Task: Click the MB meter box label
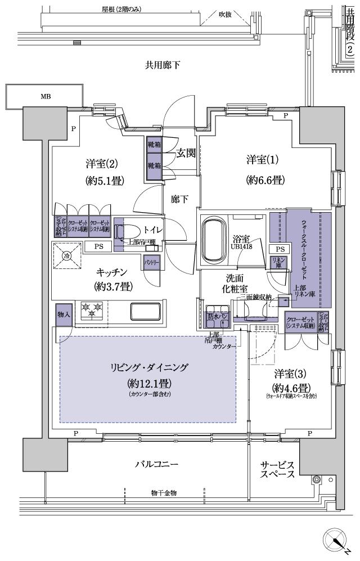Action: click(45, 96)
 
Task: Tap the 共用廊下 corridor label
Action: click(163, 65)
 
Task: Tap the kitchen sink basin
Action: click(145, 311)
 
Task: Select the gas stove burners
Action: click(92, 309)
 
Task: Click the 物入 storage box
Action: click(63, 314)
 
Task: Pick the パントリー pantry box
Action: click(150, 263)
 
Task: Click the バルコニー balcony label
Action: click(156, 464)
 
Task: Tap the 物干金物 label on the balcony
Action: click(164, 493)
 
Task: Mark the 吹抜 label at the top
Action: click(225, 14)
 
